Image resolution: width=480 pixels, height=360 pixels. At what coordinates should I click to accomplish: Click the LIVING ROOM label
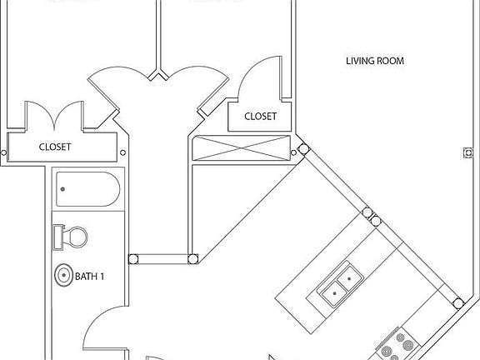point(375,61)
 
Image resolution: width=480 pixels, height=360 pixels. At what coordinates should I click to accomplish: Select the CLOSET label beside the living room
point(260,117)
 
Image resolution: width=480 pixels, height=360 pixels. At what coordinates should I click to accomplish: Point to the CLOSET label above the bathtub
point(55,147)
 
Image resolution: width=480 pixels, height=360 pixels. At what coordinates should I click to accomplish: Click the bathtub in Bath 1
point(87,191)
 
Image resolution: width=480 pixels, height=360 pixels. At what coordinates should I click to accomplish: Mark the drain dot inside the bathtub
point(62,190)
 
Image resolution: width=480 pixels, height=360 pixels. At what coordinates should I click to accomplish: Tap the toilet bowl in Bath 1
point(75,237)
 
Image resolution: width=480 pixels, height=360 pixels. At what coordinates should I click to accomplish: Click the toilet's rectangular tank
point(57,237)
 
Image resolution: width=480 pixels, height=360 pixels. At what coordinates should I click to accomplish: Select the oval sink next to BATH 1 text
point(62,276)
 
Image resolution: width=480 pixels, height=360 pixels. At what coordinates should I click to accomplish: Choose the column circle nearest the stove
point(457,302)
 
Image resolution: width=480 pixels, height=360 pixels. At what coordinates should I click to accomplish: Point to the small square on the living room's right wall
point(465,152)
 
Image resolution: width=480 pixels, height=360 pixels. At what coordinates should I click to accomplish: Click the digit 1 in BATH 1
point(102,276)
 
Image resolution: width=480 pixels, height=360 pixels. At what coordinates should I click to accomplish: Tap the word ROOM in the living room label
point(390,61)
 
